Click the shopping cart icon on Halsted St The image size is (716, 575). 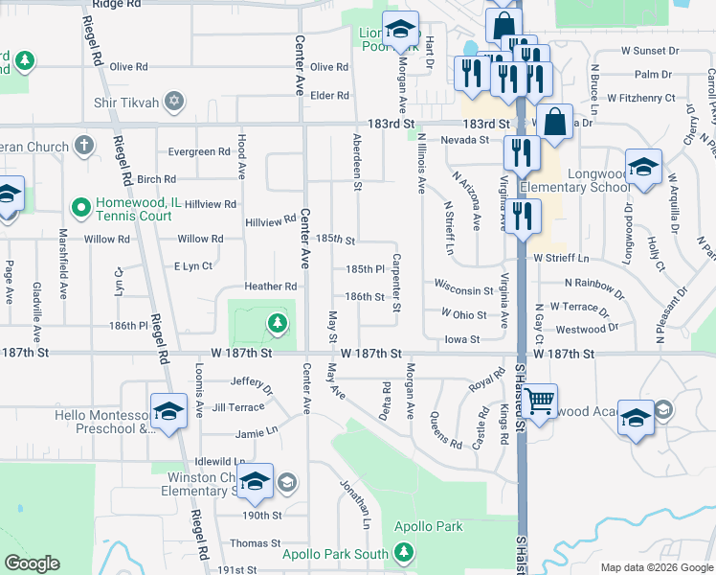pos(539,400)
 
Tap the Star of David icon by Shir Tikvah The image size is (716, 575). pos(173,101)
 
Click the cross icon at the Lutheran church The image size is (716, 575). pos(84,147)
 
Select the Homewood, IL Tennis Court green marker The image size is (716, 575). pos(81,205)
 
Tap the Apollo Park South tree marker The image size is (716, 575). pos(405,552)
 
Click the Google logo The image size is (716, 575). pos(32,563)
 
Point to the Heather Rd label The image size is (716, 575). pos(271,287)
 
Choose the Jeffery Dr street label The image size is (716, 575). pos(253,384)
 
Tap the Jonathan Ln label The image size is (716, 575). pos(355,503)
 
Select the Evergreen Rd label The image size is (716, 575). pos(199,151)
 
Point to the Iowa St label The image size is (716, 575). pos(462,339)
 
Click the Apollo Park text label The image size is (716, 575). pos(432,526)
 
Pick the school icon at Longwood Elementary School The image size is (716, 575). pos(643,168)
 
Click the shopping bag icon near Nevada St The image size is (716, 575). pos(554,122)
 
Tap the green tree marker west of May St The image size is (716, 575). pos(278,323)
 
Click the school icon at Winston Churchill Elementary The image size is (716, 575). pos(255,483)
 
